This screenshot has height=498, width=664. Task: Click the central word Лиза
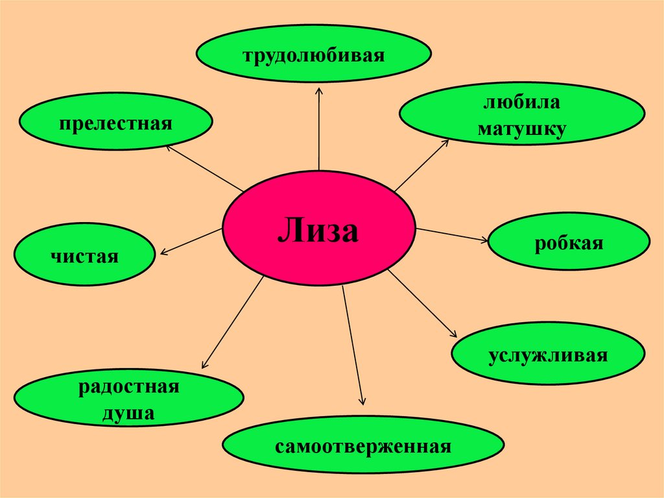tap(318, 230)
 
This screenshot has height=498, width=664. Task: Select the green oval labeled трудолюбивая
tap(314, 55)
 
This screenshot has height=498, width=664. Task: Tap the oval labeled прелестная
tap(116, 122)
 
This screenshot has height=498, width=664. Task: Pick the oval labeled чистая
tap(84, 254)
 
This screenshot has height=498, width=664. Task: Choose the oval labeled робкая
tap(569, 243)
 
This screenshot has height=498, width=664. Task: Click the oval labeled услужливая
tap(548, 356)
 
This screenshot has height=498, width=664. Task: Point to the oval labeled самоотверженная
tap(362, 447)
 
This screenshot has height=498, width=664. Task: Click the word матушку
tap(522, 128)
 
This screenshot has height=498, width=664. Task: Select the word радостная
tap(128, 388)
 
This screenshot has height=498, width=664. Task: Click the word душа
tap(128, 412)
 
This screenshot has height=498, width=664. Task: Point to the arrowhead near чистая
tap(162, 253)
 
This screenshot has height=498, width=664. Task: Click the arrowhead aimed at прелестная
tap(167, 146)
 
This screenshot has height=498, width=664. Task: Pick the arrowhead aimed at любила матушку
tap(446, 141)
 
